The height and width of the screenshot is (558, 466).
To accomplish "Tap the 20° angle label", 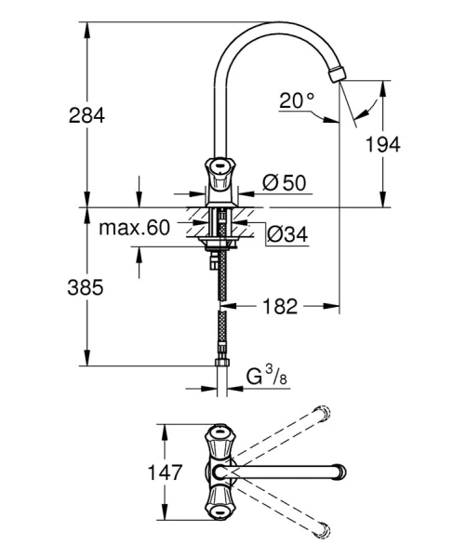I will click(x=297, y=100).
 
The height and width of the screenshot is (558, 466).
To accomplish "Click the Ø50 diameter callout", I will click(x=284, y=182).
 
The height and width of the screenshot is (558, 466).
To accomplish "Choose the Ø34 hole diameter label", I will click(x=286, y=235).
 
